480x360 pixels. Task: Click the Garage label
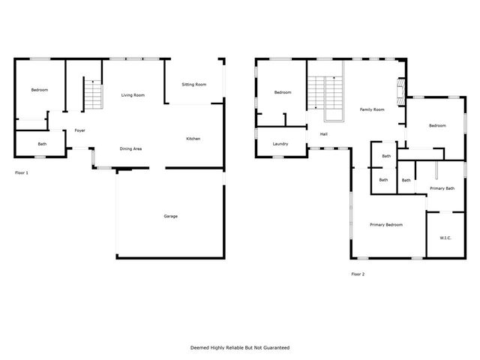[x=171, y=216]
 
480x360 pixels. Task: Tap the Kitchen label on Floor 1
[x=193, y=139]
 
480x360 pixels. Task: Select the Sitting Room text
[x=193, y=85]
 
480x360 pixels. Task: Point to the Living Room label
[x=133, y=95]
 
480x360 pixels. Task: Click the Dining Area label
[x=131, y=148]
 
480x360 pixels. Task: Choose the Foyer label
[x=79, y=131]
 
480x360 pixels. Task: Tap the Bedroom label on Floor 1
[x=39, y=90]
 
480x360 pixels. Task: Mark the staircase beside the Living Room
[x=91, y=95]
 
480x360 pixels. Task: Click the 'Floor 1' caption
[x=22, y=172]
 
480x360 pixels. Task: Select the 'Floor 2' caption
[x=358, y=274]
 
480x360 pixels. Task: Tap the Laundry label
[x=281, y=144]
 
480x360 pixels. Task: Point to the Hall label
[x=324, y=134]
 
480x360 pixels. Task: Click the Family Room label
[x=371, y=109]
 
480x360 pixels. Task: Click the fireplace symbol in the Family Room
[x=401, y=90]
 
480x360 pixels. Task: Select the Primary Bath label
[x=441, y=188]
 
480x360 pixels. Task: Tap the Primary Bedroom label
[x=386, y=225]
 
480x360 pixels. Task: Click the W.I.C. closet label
[x=445, y=238]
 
